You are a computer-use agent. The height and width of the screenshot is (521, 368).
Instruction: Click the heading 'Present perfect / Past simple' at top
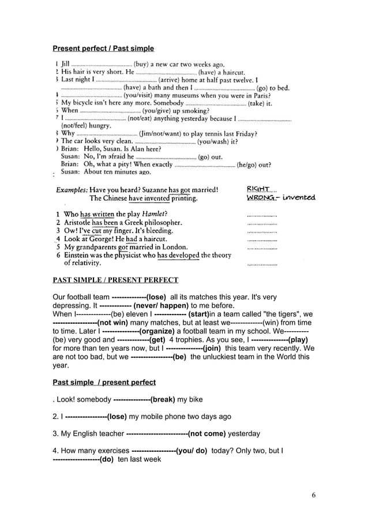click(x=103, y=48)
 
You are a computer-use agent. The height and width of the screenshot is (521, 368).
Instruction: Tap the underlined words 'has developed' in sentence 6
click(x=178, y=255)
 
